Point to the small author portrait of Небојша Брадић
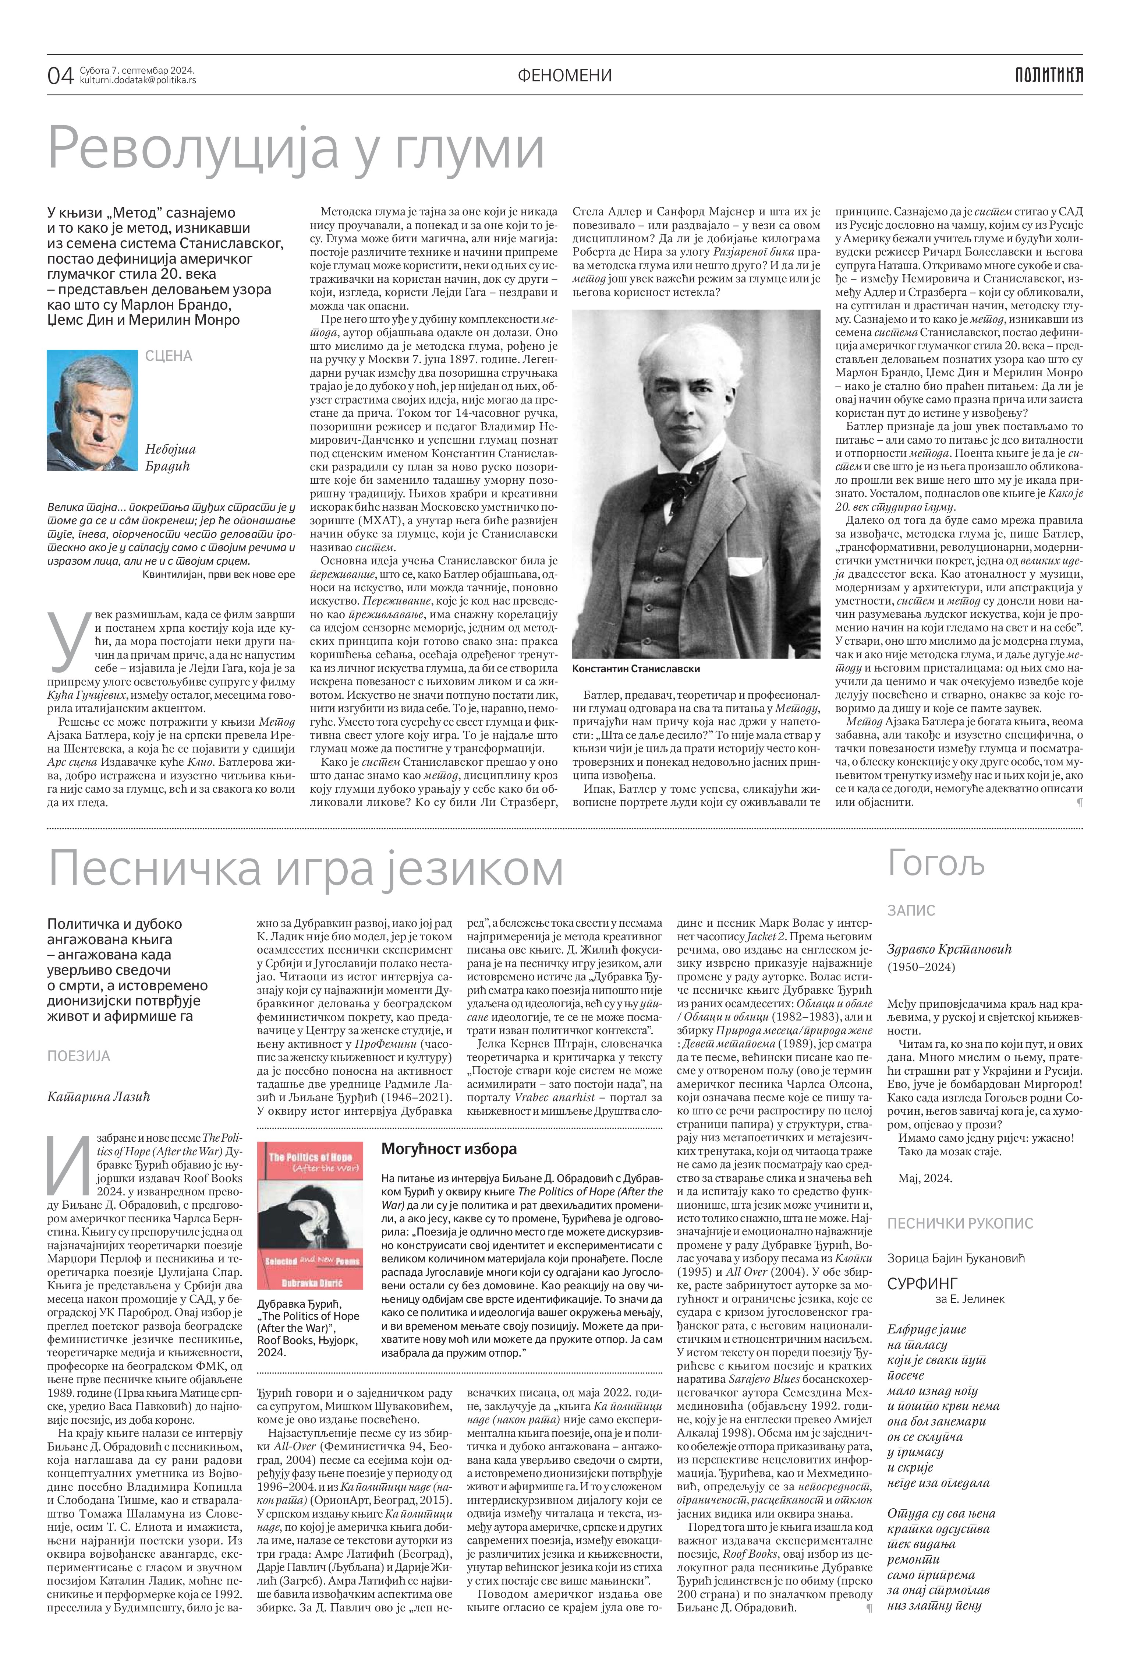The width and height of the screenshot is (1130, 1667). tap(92, 410)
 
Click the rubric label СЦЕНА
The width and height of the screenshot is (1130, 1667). tap(169, 356)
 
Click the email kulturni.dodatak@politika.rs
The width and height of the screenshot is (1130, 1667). tap(138, 80)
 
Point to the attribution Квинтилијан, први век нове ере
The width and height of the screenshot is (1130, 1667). tap(219, 575)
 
